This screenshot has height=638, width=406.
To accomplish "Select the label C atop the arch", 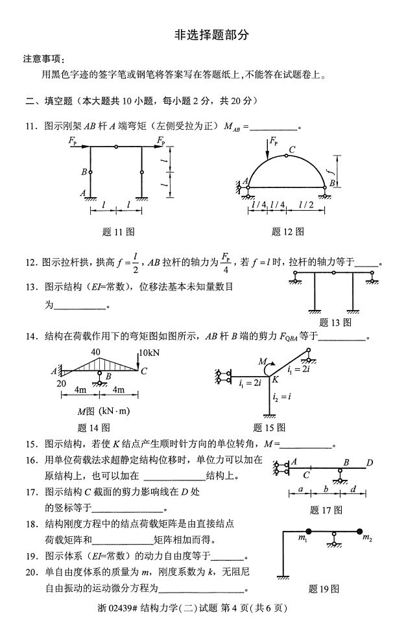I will tap(293, 150).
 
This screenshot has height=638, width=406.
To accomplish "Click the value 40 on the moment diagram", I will tap(96, 352).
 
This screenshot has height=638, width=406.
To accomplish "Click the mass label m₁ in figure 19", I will tap(302, 538).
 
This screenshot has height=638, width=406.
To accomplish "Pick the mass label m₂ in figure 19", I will tap(366, 538).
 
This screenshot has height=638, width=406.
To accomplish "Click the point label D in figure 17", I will tap(369, 462).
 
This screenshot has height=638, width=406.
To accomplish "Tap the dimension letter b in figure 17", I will tap(326, 490).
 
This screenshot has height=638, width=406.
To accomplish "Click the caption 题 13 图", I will tap(335, 322).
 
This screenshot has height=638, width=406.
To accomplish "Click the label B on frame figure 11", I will tap(84, 172).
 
